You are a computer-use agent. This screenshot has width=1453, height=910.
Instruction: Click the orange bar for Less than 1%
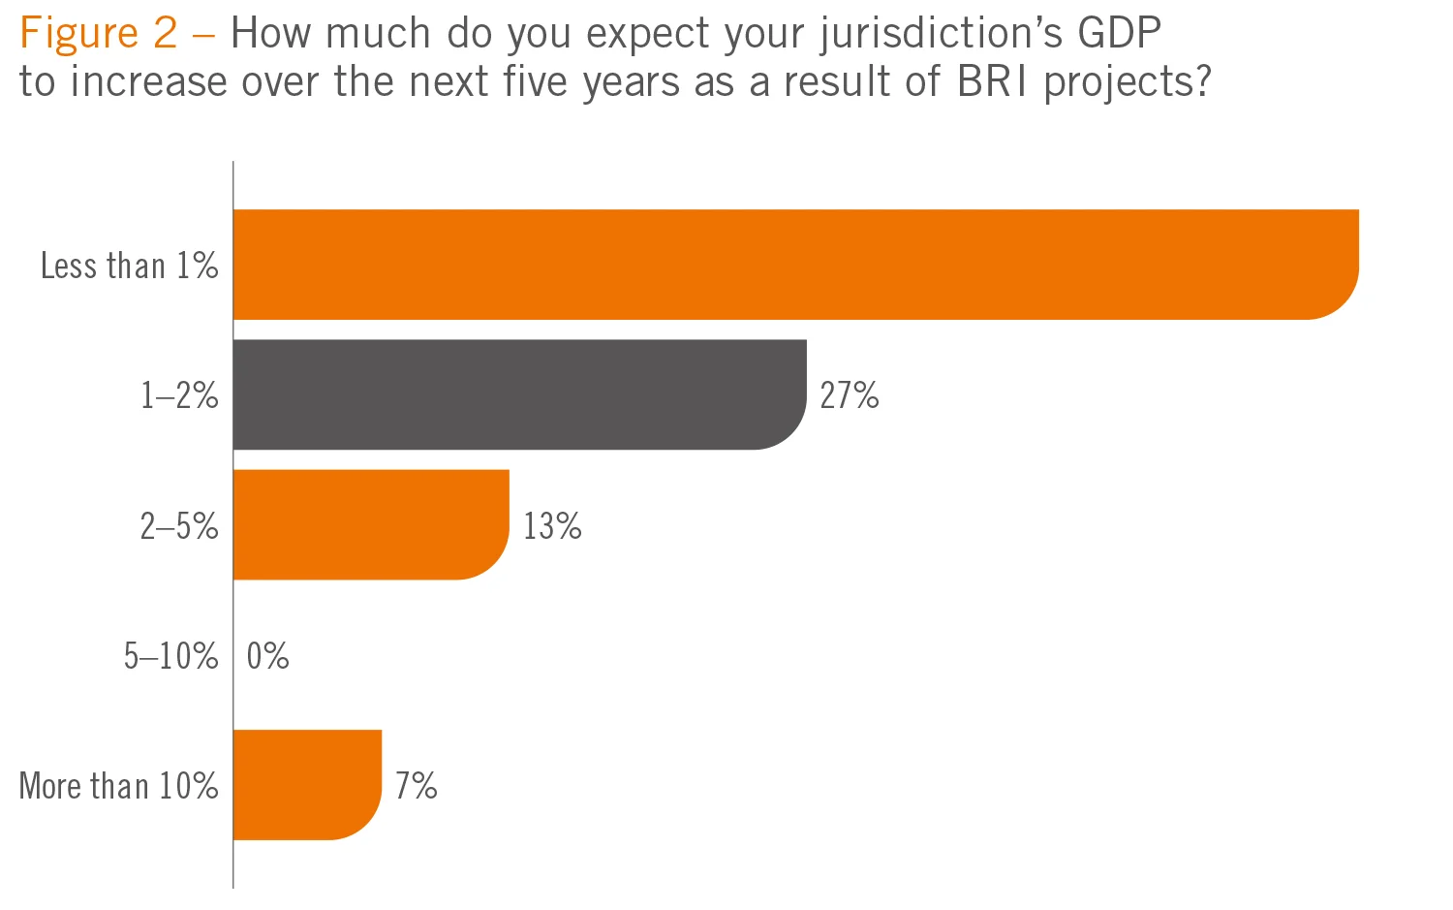pos(794,264)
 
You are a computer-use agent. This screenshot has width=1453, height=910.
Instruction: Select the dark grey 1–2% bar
pos(519,394)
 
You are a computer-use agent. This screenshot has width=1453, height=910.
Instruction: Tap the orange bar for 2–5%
pos(371,524)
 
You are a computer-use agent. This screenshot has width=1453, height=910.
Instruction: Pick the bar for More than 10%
pos(307,784)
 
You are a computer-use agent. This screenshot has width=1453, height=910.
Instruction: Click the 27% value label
pos(850,395)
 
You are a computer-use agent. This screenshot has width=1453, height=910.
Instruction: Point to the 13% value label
pos(552,526)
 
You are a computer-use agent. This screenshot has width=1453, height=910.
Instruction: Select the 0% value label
pos(267,656)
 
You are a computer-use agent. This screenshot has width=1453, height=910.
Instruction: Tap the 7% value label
pos(416,785)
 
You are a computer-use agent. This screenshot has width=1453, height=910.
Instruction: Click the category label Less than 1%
pos(129,266)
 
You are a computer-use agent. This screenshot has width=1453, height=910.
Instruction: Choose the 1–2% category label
pos(179,395)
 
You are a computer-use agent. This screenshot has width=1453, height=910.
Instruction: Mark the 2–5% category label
pos(179,526)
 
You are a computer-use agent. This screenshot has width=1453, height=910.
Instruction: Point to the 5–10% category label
pos(170,656)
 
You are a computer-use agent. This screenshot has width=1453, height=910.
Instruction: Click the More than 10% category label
pos(118,785)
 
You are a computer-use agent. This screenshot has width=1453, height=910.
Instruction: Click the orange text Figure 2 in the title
pos(98,34)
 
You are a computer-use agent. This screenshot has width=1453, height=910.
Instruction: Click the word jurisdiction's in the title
pos(941,36)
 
